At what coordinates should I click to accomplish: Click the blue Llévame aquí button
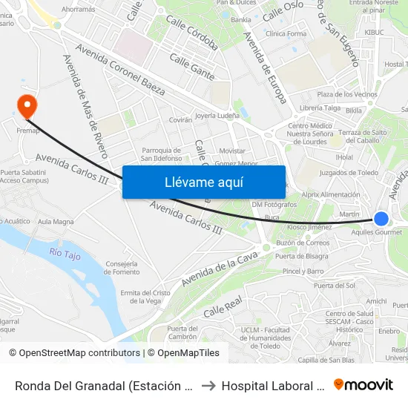(203, 182)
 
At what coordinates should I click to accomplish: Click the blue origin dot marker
(381, 219)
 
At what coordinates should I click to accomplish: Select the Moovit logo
(363, 384)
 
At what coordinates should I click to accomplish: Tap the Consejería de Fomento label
(122, 267)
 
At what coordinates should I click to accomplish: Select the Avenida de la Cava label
(220, 269)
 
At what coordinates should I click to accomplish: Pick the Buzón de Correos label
(303, 243)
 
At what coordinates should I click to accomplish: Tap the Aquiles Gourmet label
(377, 232)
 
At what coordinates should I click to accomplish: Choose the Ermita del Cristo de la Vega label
(145, 297)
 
